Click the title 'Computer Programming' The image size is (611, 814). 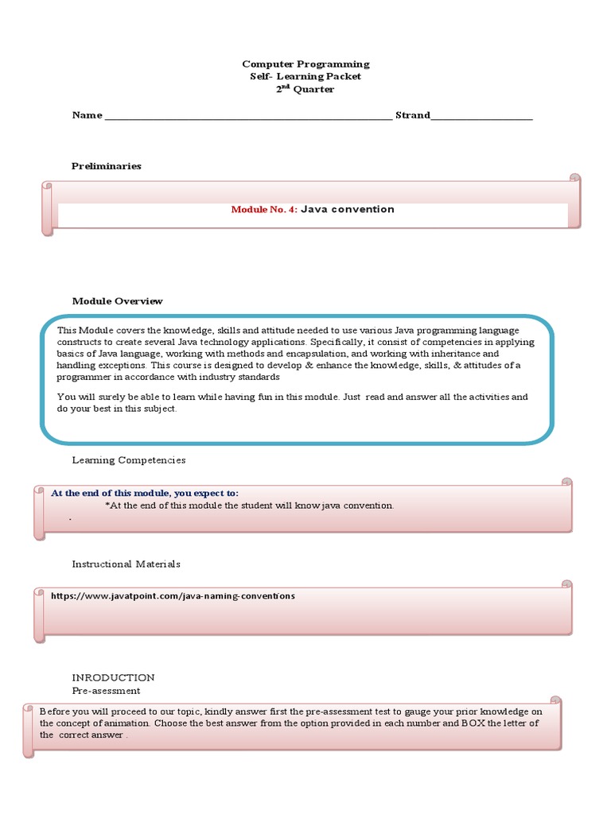tap(305, 64)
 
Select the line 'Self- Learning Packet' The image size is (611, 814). tap(305, 76)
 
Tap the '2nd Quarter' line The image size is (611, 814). tap(305, 89)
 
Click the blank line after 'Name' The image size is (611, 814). tap(248, 116)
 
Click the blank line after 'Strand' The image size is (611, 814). tap(481, 116)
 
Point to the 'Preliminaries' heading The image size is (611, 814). tap(107, 166)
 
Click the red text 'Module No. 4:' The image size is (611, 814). tap(264, 210)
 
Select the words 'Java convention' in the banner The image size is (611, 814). tap(348, 210)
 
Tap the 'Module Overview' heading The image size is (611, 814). tap(117, 301)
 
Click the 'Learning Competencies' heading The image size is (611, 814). tap(129, 460)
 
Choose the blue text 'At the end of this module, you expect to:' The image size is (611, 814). tap(145, 493)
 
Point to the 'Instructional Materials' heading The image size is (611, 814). tap(126, 564)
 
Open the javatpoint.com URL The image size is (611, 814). tap(173, 595)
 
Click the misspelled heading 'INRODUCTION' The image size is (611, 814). tap(113, 678)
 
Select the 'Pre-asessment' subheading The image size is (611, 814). tap(106, 691)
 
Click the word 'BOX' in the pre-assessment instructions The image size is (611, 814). tap(473, 723)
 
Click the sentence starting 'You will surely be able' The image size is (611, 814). tap(292, 402)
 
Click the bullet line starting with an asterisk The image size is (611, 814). tap(249, 506)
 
